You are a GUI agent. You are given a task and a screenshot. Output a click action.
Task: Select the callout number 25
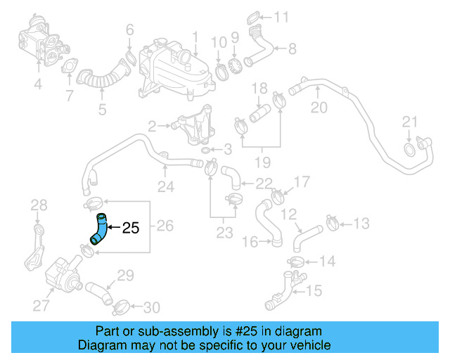point(131,228)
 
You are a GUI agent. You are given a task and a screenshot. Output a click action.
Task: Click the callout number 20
point(319,108)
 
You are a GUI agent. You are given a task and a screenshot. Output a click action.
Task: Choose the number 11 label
point(281,16)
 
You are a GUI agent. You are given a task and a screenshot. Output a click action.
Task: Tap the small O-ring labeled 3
point(204,150)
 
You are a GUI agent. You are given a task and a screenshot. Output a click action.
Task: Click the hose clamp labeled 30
point(122,306)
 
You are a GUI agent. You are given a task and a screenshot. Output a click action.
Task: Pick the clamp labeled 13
point(333,224)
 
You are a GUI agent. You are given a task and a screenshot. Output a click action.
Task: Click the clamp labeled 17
point(278,190)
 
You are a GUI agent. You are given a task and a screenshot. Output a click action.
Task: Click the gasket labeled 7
point(69,68)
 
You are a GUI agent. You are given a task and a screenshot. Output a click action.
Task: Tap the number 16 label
point(250,242)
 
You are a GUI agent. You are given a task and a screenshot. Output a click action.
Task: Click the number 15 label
point(314,289)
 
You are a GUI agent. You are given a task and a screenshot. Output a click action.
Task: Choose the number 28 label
point(39,205)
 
